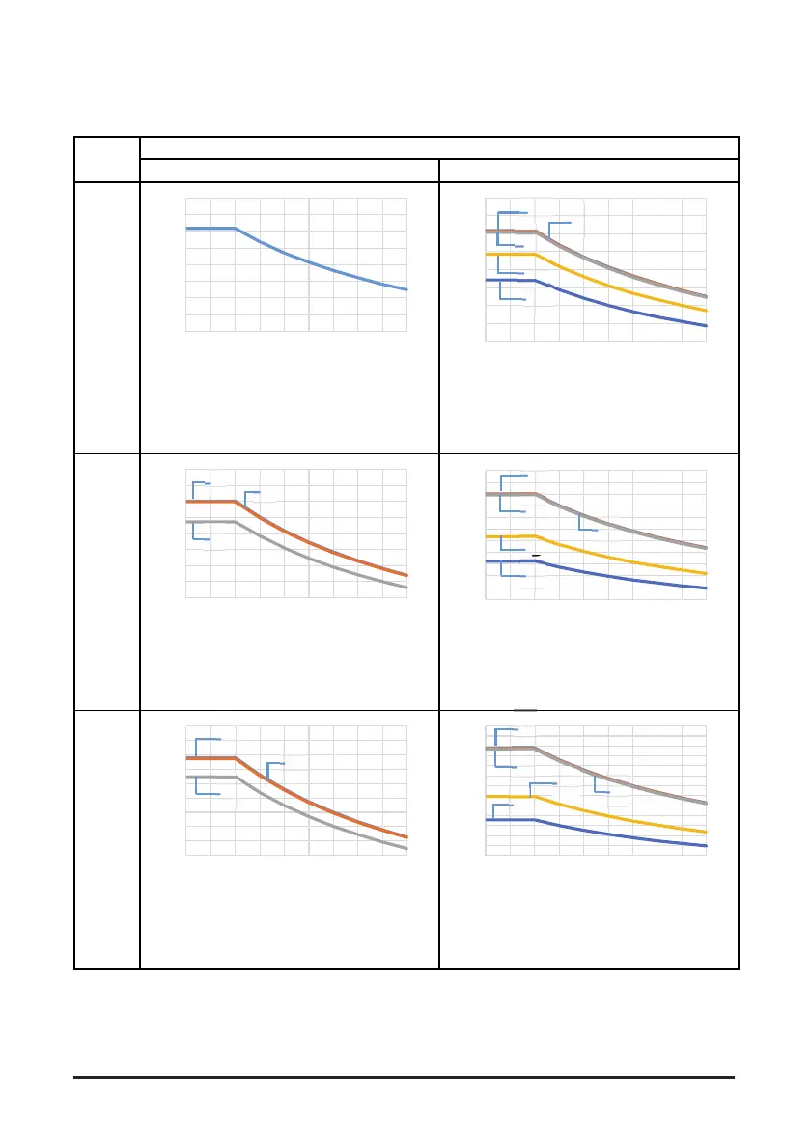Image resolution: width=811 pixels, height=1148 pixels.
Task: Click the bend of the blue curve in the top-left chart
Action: (x=236, y=229)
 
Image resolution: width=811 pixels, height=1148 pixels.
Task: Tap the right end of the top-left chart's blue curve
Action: (x=405, y=288)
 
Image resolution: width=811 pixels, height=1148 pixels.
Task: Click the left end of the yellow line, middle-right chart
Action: (x=487, y=536)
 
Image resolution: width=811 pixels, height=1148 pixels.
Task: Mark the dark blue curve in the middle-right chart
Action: (x=618, y=576)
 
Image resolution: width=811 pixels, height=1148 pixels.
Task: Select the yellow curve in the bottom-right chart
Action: (x=618, y=818)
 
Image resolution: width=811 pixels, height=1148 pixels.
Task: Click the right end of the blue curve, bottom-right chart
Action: (x=706, y=846)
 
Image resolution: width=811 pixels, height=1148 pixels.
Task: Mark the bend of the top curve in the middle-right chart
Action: (x=536, y=494)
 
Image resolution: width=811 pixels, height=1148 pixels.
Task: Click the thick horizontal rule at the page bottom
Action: (x=405, y=1077)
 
